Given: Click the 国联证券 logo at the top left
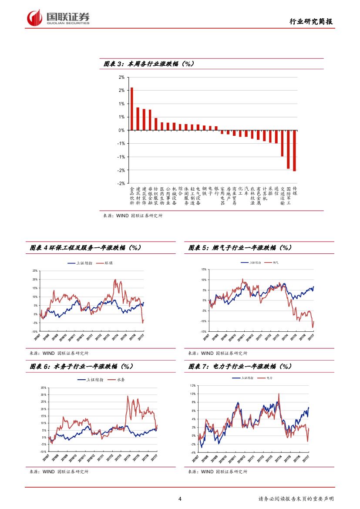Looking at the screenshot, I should [58, 17].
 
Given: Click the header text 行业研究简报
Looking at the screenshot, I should [312, 22].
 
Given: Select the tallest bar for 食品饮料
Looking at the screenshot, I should [132, 109].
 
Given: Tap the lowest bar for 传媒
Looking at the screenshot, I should [294, 151].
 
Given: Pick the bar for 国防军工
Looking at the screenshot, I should [288, 149].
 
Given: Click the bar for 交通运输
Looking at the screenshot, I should [282, 143].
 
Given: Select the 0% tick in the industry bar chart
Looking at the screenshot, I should [122, 130].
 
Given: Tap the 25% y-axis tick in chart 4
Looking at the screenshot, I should [34, 270].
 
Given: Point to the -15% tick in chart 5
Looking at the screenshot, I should [203, 331].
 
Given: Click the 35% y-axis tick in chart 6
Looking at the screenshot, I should [43, 388].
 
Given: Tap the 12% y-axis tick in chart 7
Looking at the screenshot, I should [193, 386].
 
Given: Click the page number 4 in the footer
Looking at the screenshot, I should [180, 499].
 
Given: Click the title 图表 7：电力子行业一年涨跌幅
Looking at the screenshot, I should [240, 367].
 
